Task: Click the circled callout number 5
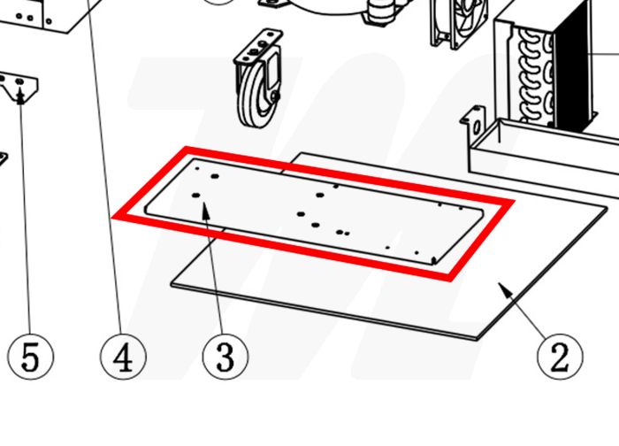[x=30, y=358]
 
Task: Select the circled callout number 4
[x=123, y=358]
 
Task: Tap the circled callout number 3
[x=225, y=358]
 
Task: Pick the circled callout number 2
[x=560, y=358]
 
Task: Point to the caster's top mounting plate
[x=258, y=48]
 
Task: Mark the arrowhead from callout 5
[x=21, y=97]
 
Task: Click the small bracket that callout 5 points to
[x=19, y=88]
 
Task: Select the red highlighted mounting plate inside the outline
[x=314, y=211]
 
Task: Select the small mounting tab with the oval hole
[x=473, y=121]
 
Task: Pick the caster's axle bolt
[x=276, y=96]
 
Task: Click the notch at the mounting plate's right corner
[x=434, y=260]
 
